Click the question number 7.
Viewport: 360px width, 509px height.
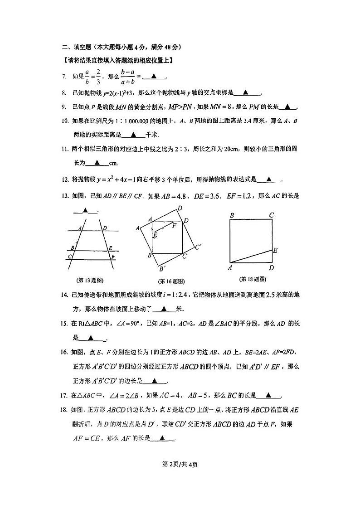point(64,77)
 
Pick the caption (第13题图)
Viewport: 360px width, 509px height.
point(90,280)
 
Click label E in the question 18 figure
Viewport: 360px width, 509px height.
point(275,250)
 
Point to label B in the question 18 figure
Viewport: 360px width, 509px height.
point(232,215)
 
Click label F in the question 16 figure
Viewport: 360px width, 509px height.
point(175,224)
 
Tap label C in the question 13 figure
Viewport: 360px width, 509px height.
point(69,257)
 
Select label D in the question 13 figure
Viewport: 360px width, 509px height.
point(105,228)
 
